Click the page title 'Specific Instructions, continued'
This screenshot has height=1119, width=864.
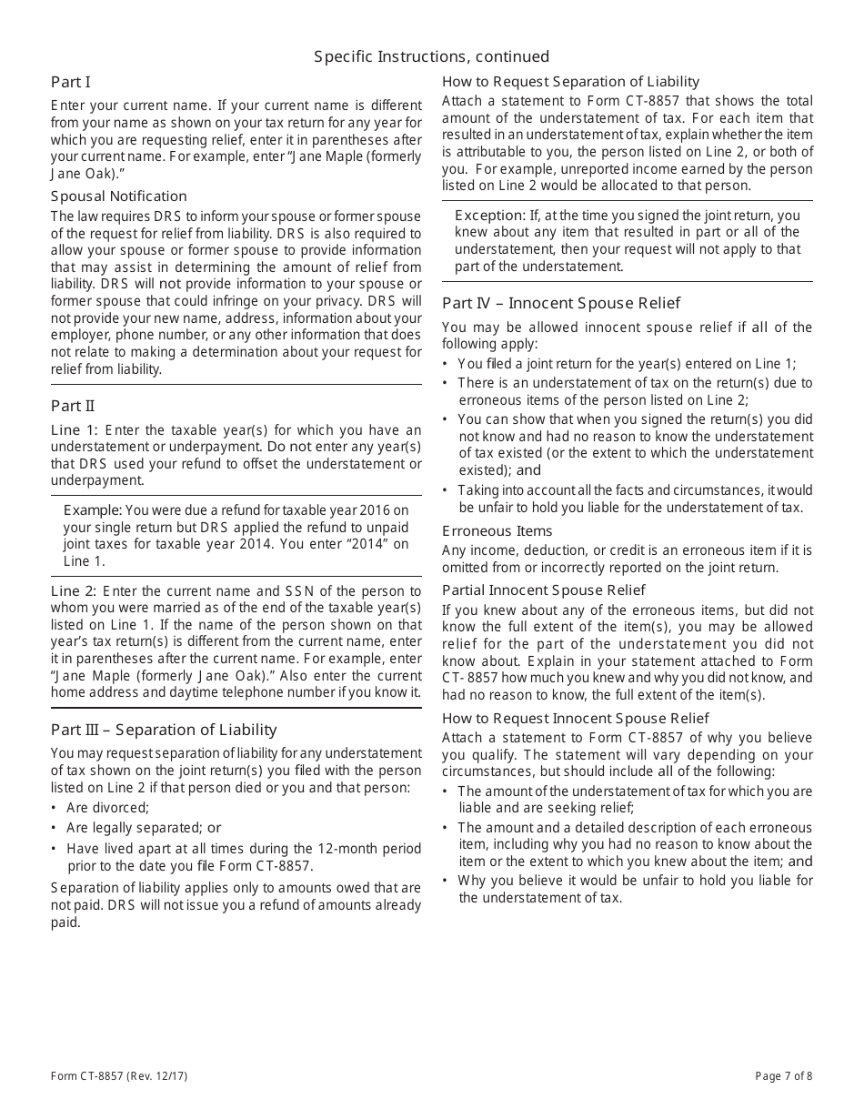pyautogui.click(x=432, y=57)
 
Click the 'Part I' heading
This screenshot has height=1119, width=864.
pyautogui.click(x=71, y=82)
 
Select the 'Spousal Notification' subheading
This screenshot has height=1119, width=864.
pyautogui.click(x=119, y=197)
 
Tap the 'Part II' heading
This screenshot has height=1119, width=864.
pyautogui.click(x=73, y=407)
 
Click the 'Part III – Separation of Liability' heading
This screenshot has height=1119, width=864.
pyautogui.click(x=164, y=730)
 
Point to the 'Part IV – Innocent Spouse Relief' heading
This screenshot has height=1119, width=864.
pyautogui.click(x=561, y=303)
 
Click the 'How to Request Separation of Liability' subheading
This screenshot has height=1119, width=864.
pyautogui.click(x=571, y=82)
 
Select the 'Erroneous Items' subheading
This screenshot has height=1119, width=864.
pyautogui.click(x=497, y=531)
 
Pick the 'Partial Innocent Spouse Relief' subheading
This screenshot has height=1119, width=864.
pyautogui.click(x=544, y=590)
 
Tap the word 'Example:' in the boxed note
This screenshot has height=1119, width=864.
pyautogui.click(x=92, y=510)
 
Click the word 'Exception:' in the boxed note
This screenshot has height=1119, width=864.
pyautogui.click(x=490, y=216)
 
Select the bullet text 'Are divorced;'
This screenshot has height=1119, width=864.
pyautogui.click(x=107, y=808)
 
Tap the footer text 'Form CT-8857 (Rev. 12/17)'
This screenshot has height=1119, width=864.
pyautogui.click(x=119, y=1076)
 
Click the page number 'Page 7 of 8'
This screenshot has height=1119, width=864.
pyautogui.click(x=784, y=1076)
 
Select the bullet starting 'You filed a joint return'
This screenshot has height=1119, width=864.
pyautogui.click(x=627, y=363)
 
